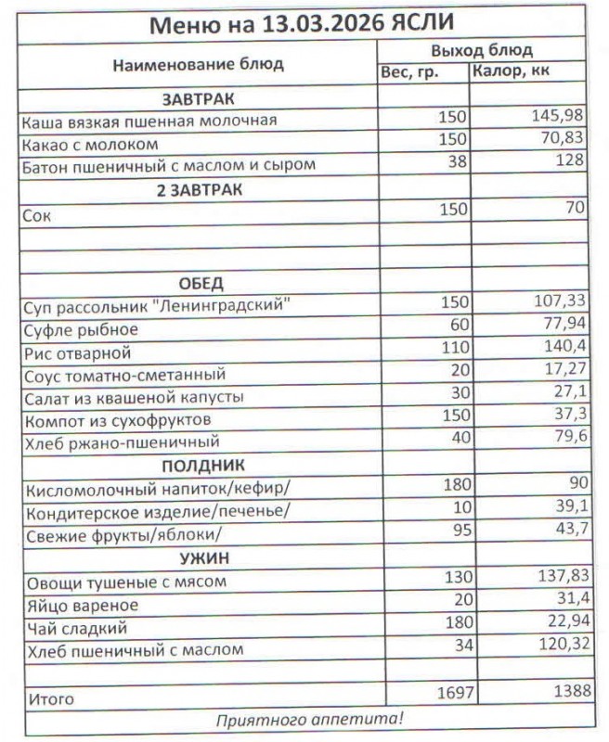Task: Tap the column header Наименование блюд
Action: [198, 65]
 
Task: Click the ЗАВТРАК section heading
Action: [199, 98]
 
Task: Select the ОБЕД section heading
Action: [199, 283]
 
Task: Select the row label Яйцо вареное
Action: [83, 606]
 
